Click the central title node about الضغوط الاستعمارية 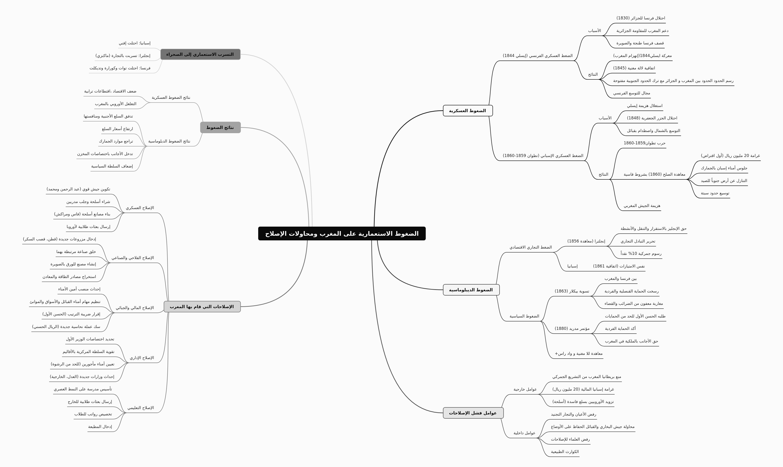click(x=342, y=234)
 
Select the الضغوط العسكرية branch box click(x=468, y=111)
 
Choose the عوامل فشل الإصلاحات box click(x=473, y=413)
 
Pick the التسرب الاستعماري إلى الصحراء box click(x=200, y=54)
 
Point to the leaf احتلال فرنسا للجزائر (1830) click(x=641, y=18)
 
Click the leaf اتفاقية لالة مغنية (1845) click(x=634, y=68)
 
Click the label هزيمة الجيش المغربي click(x=642, y=206)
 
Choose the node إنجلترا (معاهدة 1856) click(x=586, y=241)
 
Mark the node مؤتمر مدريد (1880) click(x=572, y=328)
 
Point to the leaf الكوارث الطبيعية click(x=565, y=452)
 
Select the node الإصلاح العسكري click(x=140, y=208)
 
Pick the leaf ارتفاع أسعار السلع click(x=117, y=129)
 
